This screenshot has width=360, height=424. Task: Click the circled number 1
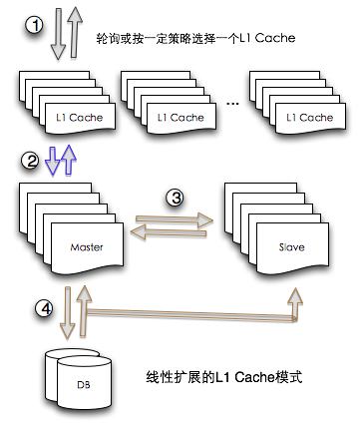35,25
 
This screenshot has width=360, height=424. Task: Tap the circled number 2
35,160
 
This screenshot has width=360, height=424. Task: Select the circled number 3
176,198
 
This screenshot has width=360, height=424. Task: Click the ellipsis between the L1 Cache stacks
232,105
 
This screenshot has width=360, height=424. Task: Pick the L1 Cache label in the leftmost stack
79,118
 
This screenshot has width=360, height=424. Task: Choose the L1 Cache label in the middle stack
180,118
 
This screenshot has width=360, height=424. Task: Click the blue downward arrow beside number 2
53,160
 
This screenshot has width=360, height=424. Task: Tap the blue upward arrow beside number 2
67,158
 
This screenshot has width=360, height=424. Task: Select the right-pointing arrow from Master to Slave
176,216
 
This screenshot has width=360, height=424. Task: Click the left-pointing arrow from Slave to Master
175,231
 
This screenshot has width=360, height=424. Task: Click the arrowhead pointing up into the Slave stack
295,293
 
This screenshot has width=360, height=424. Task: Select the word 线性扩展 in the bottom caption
167,379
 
